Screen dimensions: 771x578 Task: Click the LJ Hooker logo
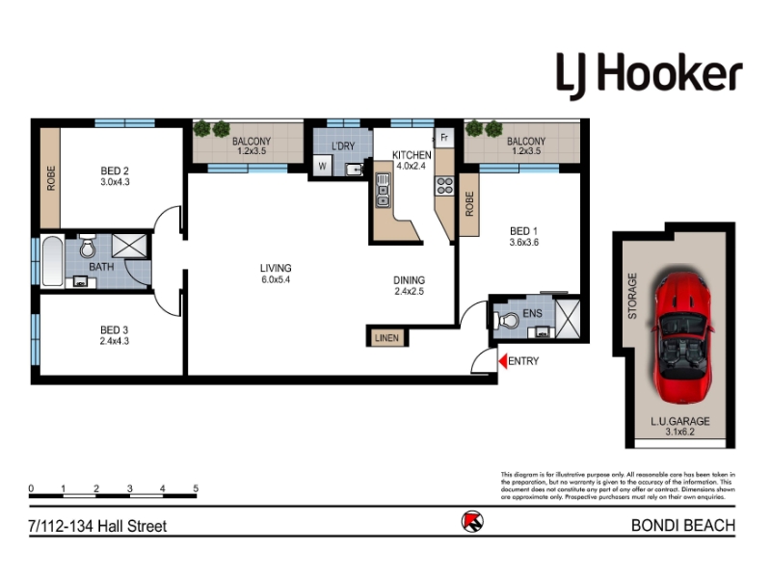coord(649,76)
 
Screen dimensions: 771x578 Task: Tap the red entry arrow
coord(502,361)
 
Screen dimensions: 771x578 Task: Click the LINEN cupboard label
coord(387,338)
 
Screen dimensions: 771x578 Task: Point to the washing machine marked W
coord(323,166)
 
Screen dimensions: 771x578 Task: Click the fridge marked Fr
coord(444,138)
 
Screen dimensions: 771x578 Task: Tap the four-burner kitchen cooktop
coord(444,186)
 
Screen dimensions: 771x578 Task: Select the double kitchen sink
coord(383,190)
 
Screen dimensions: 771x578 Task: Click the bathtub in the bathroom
coord(52,261)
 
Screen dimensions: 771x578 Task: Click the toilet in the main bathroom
coord(88,248)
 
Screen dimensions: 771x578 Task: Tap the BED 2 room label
coord(115,171)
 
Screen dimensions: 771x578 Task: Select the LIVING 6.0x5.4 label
coord(276,274)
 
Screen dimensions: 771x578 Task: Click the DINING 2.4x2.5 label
coord(409,285)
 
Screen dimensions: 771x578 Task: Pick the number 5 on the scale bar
coord(196,488)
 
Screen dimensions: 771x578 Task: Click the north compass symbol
coord(472,521)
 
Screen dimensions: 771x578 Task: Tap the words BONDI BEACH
coord(683,525)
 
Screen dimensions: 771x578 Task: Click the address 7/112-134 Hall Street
coord(98,526)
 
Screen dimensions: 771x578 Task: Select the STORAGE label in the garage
coord(632,296)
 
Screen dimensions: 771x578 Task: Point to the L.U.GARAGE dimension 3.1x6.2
coord(680,432)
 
